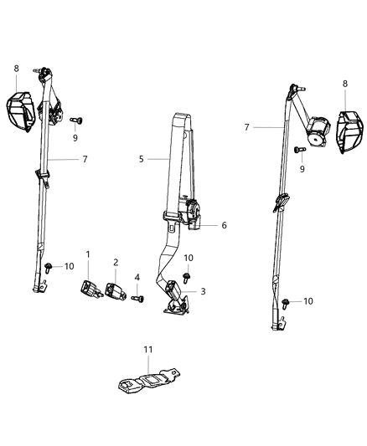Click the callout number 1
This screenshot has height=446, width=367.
tap(88, 254)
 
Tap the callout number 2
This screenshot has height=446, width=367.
tap(115, 262)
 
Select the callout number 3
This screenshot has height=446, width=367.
tap(201, 291)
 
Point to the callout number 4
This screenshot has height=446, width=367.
tap(137, 278)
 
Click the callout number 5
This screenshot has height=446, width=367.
tap(142, 157)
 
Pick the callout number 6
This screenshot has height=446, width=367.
tap(224, 225)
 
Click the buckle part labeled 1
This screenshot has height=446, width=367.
tap(90, 289)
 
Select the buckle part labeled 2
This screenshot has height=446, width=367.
tap(113, 290)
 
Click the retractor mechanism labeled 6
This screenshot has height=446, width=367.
tap(193, 214)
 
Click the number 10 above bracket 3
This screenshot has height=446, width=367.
tap(189, 258)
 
